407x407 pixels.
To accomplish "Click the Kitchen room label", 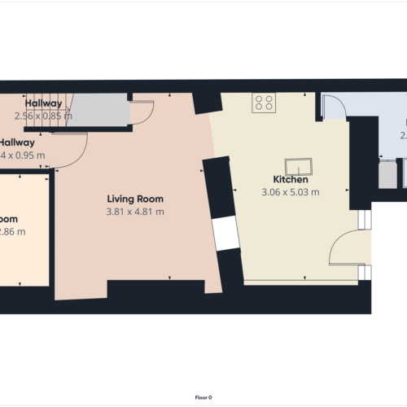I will pyautogui.click(x=290, y=179).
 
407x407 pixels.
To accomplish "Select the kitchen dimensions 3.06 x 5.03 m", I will pyautogui.click(x=290, y=193).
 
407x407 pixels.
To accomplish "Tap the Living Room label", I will pyautogui.click(x=135, y=199).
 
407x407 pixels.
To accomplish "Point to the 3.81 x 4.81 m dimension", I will pyautogui.click(x=135, y=212).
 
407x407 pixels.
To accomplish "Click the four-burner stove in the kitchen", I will pyautogui.click(x=263, y=102).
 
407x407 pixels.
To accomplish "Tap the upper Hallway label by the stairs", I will pyautogui.click(x=43, y=103).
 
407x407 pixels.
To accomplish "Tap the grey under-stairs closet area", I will pyautogui.click(x=101, y=110).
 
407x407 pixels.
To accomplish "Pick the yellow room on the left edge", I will pyautogui.click(x=23, y=228).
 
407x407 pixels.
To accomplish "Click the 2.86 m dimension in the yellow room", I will pyautogui.click(x=15, y=232).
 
